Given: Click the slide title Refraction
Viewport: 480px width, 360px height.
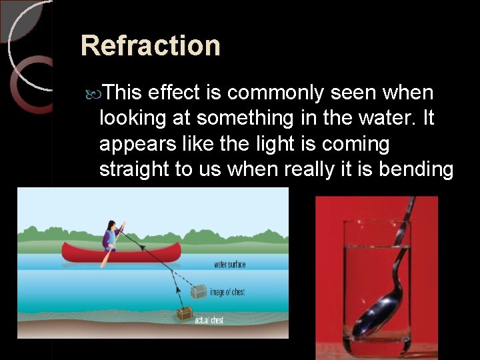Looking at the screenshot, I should [x=150, y=45].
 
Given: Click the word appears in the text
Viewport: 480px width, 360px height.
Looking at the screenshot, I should [x=136, y=144].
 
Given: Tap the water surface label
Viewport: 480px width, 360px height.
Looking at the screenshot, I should [x=229, y=265].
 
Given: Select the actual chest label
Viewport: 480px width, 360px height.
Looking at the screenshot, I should [x=209, y=321].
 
